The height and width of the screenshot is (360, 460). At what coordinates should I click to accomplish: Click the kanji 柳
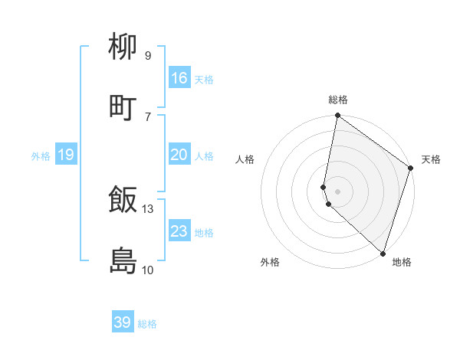click(x=123, y=47)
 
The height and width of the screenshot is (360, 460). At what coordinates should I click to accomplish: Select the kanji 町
click(x=123, y=107)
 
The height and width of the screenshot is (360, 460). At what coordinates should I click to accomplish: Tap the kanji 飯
click(x=123, y=200)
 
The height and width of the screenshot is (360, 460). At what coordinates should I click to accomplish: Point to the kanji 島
click(x=123, y=260)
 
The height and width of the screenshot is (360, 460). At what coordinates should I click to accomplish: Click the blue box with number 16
click(x=179, y=78)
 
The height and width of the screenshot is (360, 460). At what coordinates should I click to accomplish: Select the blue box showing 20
click(x=179, y=155)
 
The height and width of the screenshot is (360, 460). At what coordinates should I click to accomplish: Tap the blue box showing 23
click(x=179, y=231)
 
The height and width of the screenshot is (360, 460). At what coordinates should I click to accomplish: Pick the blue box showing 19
click(x=66, y=155)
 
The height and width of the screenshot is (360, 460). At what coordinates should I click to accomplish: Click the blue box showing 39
click(x=123, y=322)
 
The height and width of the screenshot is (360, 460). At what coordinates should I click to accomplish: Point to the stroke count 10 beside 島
click(x=148, y=270)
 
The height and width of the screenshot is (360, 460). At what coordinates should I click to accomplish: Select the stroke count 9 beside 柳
click(x=148, y=56)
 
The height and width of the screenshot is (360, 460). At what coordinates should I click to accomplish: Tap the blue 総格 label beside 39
click(x=147, y=324)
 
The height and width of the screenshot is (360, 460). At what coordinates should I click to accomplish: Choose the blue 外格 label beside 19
click(x=41, y=156)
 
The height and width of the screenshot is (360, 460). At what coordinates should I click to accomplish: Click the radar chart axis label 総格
click(x=338, y=100)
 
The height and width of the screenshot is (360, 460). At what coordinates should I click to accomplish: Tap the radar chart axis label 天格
click(x=431, y=159)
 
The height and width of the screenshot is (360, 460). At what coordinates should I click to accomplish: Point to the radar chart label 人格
click(x=245, y=159)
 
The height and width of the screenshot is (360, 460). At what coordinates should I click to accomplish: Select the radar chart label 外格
click(x=270, y=262)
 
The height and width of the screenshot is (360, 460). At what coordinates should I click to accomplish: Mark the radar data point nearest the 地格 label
click(x=383, y=254)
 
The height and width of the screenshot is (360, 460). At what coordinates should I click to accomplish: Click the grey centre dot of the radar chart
click(x=338, y=191)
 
